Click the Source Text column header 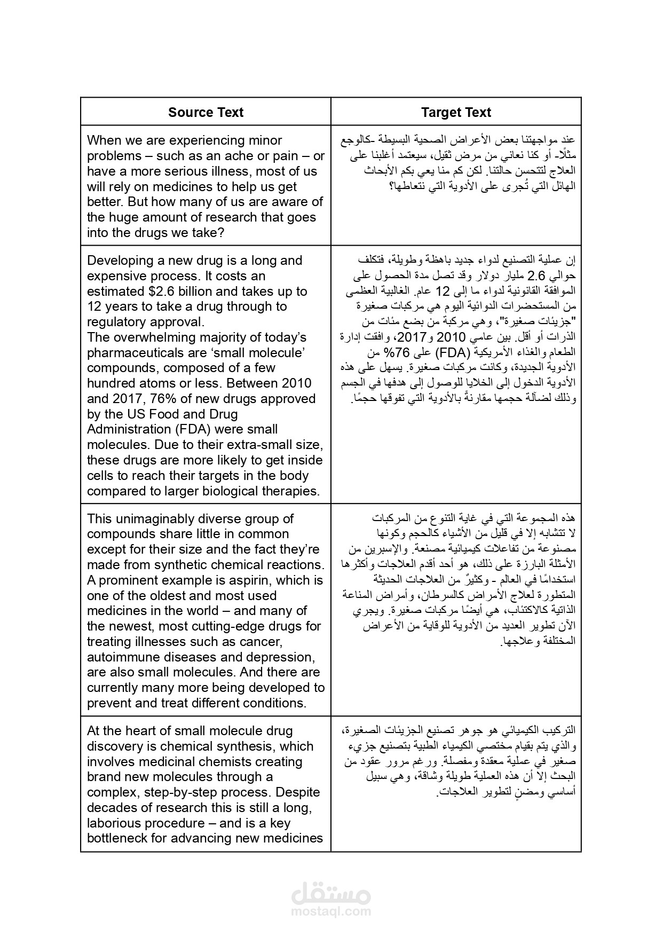(x=206, y=112)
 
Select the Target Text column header (x=456, y=112)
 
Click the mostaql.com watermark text (x=331, y=912)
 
